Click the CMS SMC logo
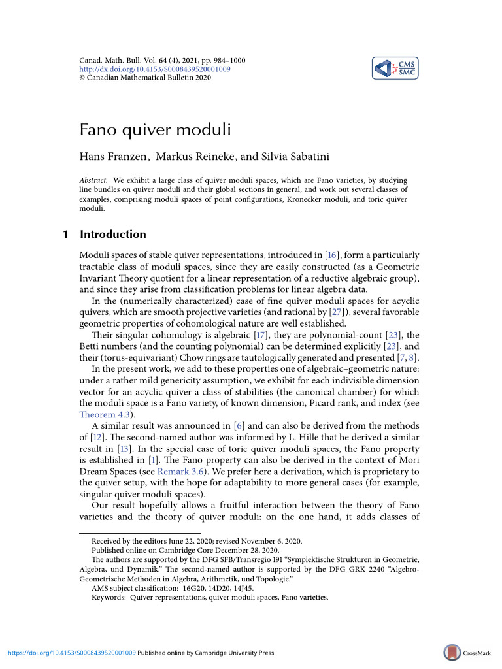tap(395, 68)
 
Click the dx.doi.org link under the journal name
tap(154, 69)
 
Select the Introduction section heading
tap(113, 234)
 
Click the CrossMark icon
tap(452, 653)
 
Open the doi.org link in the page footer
tap(71, 653)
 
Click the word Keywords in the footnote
tap(109, 597)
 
